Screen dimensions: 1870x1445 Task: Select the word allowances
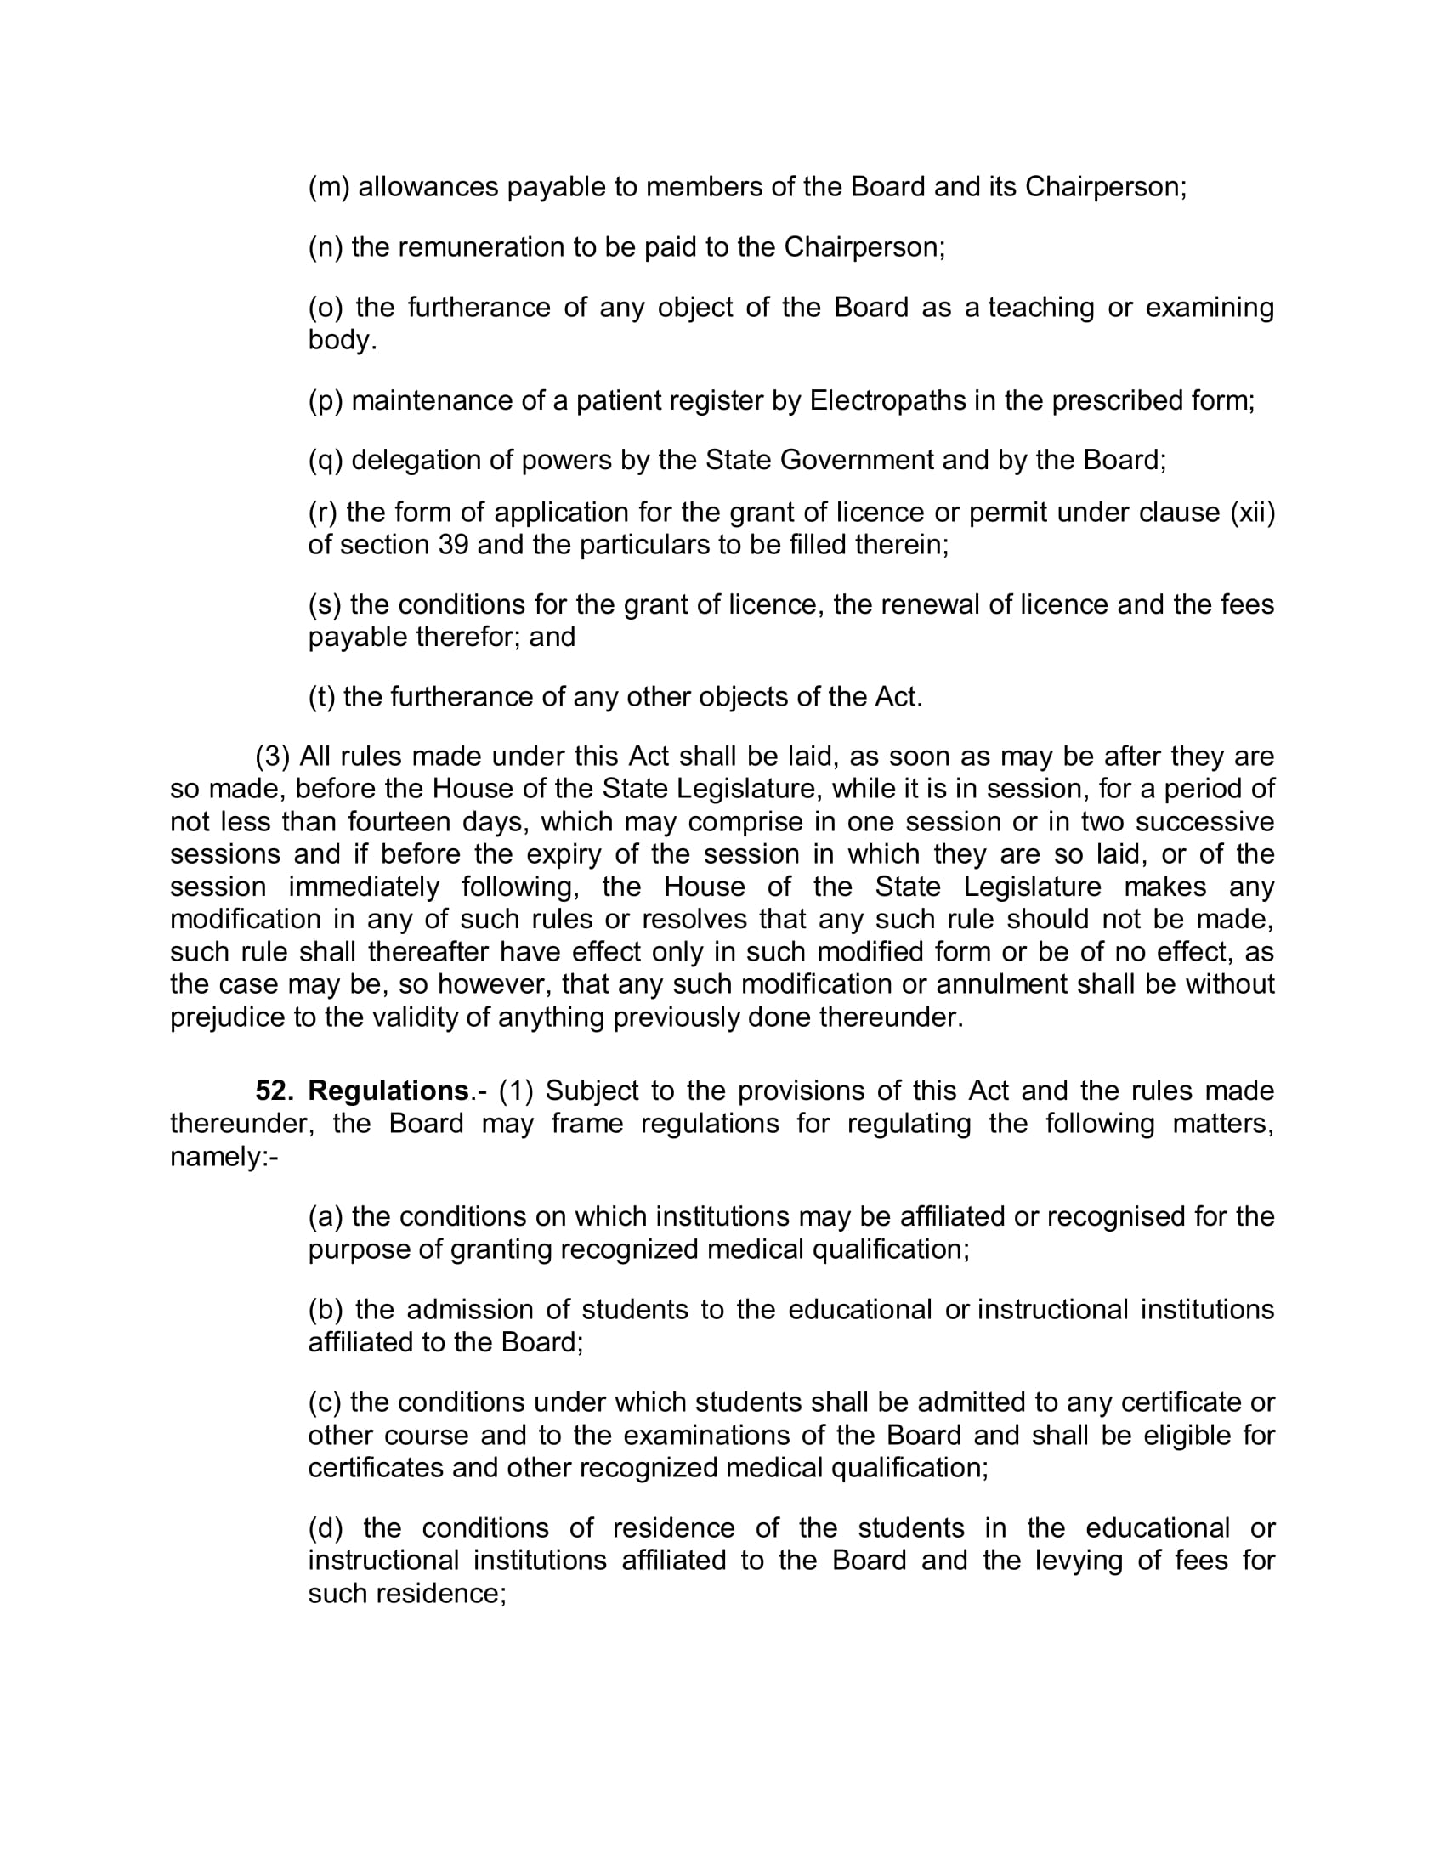pyautogui.click(x=428, y=188)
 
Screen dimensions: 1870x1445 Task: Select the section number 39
pyautogui.click(x=453, y=546)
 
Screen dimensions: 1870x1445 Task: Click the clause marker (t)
pyautogui.click(x=322, y=697)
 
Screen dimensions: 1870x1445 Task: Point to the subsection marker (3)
pyautogui.click(x=273, y=756)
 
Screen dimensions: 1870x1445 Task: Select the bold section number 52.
pyautogui.click(x=275, y=1091)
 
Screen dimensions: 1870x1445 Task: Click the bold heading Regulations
pyautogui.click(x=388, y=1091)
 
